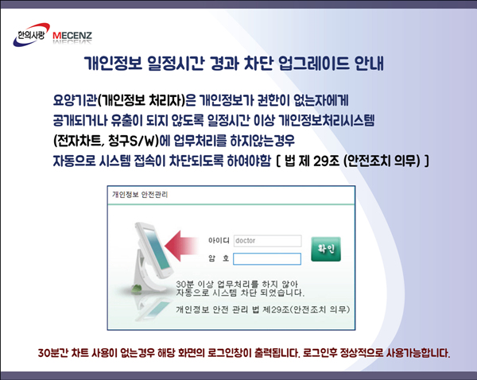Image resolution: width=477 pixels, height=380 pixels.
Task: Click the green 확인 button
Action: coord(326,249)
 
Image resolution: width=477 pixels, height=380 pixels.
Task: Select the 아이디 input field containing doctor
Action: coord(267,241)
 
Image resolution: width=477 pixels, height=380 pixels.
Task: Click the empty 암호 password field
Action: coord(267,259)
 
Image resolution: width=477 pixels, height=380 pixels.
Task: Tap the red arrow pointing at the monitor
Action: coord(181,246)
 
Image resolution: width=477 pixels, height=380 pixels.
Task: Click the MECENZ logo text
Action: coord(72,36)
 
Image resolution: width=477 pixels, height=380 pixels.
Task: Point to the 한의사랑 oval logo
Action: coord(31,35)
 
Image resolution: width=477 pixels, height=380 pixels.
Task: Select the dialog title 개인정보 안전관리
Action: coord(140,195)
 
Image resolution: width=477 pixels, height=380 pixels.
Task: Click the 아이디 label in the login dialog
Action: coord(219,241)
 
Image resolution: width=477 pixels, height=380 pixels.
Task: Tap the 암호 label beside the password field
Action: coord(219,258)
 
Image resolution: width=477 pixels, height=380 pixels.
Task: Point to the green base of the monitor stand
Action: coord(138,289)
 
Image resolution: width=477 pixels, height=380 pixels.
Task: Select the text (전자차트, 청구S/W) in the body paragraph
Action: coord(107,141)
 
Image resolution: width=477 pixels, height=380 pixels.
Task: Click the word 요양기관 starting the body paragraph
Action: coord(75,100)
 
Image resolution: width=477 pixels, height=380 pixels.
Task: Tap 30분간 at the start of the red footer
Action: coord(53,353)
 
